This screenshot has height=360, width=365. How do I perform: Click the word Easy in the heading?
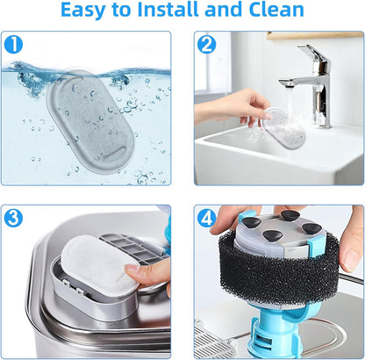point(83,10)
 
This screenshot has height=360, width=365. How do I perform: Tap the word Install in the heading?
point(168,9)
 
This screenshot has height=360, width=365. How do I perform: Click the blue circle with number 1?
point(13,45)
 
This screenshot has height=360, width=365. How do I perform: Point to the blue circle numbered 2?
point(206,45)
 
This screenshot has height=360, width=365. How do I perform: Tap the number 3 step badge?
point(13,218)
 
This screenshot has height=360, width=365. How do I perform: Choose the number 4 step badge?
point(206,218)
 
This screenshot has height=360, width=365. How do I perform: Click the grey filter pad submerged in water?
point(90,121)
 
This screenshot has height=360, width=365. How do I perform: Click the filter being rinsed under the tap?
point(283,128)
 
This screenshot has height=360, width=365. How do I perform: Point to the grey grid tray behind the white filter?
point(132,248)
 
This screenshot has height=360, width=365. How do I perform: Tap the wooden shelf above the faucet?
point(315,35)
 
